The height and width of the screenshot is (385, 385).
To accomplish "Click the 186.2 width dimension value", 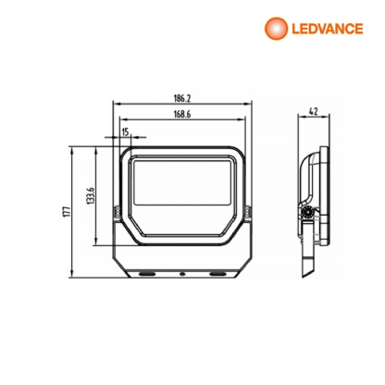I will [180, 97].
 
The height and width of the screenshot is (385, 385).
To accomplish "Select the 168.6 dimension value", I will [180, 116].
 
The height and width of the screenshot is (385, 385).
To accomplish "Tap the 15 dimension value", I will [125, 132].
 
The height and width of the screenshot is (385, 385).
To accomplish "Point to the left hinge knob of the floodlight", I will [117, 212].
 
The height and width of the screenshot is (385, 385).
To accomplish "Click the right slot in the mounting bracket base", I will [218, 274].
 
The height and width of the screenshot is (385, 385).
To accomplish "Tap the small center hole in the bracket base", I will [183, 274].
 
